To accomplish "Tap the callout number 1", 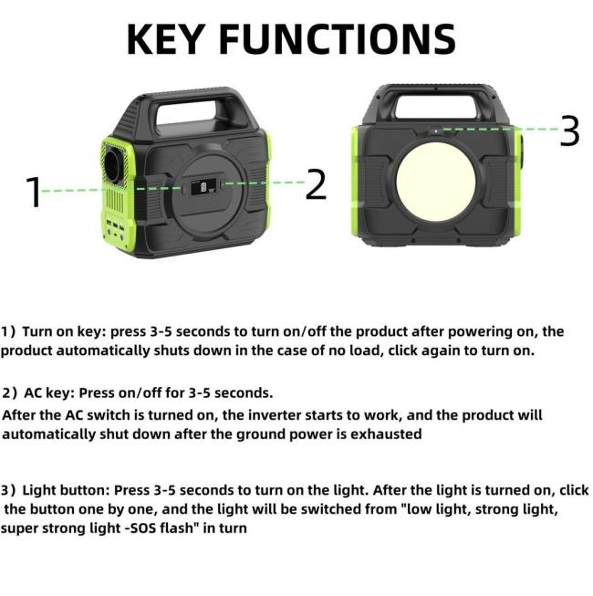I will point(34,193).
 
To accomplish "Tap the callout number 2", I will point(316,184).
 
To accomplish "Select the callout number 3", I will point(569,131).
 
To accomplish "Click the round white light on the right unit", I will point(436,180).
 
